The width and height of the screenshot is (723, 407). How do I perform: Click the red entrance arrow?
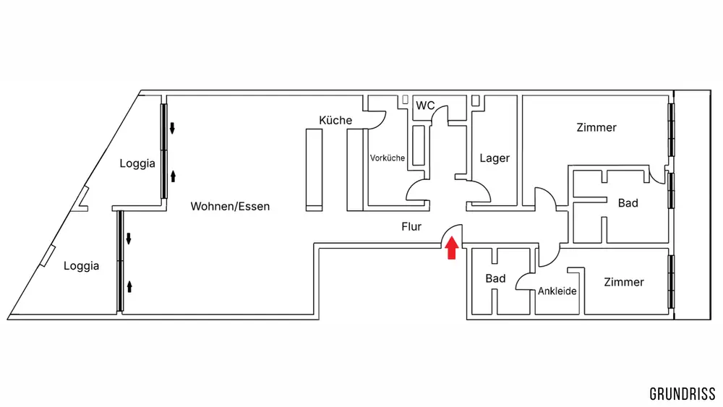[x=451, y=249]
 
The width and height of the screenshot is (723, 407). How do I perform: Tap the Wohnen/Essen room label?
[x=230, y=207]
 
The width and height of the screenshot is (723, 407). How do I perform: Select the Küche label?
[x=335, y=120]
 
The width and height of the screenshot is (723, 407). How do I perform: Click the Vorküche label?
[x=388, y=158]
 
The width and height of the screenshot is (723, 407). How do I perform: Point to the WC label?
[x=425, y=106]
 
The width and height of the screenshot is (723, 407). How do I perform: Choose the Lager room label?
[x=495, y=158]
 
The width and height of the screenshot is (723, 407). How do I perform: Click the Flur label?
[x=411, y=226]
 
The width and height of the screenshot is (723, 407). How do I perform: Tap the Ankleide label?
[x=557, y=291]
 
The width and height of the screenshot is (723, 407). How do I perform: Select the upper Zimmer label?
[x=596, y=128]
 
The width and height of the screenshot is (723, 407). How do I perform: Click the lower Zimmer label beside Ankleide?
[x=623, y=282]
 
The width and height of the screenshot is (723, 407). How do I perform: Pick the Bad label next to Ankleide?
[x=495, y=278]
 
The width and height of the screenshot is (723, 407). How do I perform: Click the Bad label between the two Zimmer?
[x=628, y=203]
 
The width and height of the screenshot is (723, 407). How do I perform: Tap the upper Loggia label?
[x=137, y=163]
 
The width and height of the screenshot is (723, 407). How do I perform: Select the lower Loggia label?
[x=81, y=266]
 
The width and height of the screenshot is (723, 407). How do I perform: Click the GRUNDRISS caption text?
[x=683, y=394]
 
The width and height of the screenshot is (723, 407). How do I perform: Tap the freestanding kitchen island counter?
[x=314, y=170]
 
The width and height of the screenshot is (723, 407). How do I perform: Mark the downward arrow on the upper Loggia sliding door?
[x=173, y=129]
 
